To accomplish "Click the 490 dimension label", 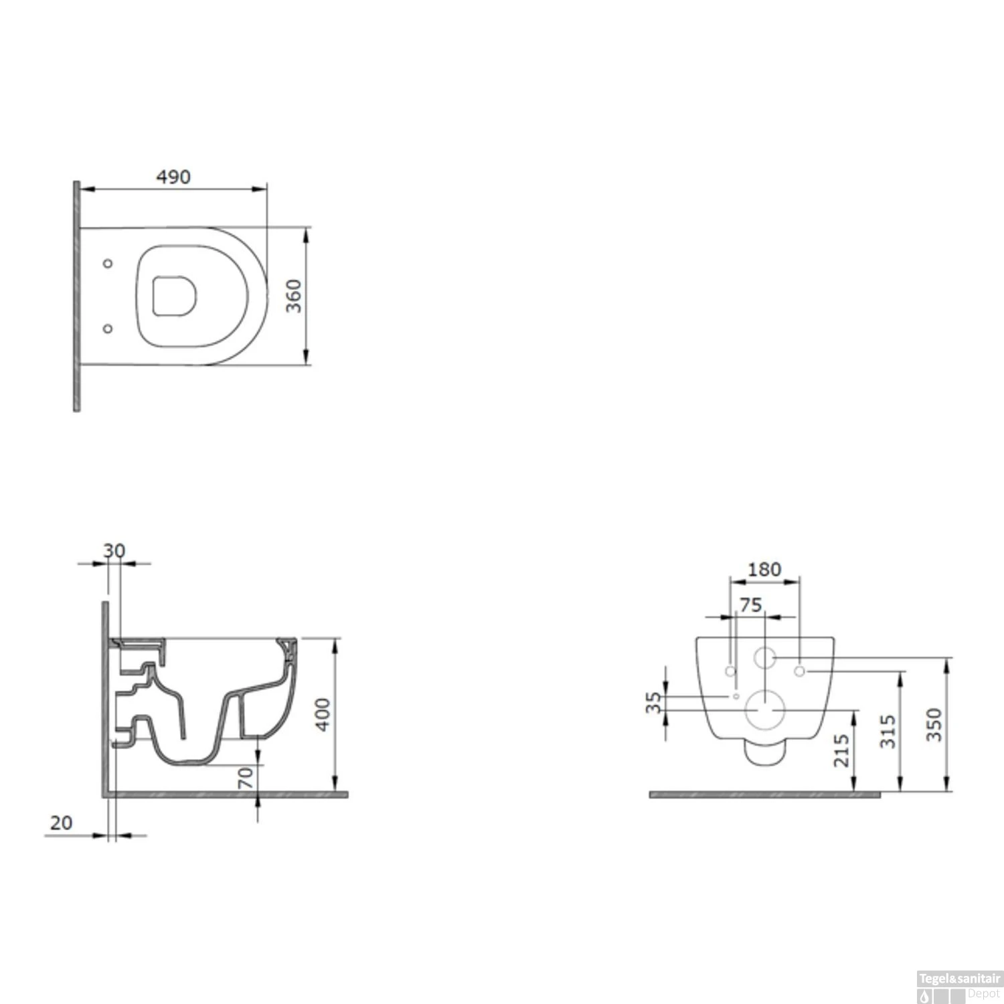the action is pos(173,177).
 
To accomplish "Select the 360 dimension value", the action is pos(294,296).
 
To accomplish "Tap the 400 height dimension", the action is pos(323,714).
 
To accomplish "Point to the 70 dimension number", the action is pos(246,777).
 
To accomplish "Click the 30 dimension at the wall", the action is pos(114,551).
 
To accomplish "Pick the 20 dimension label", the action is pos(61,823).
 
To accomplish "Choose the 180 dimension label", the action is pos(764,570).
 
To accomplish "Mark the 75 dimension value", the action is pos(750,605).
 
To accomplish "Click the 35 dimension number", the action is pos(654,702).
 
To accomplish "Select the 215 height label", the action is pos(842,750).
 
